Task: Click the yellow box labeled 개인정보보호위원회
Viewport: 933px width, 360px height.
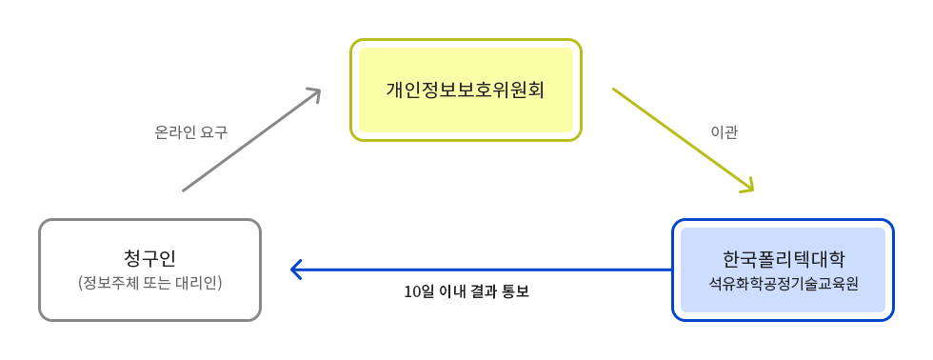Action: coord(466,90)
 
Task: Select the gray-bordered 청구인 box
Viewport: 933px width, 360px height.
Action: coord(149,270)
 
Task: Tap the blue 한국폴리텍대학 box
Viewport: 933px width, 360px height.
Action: coord(783,270)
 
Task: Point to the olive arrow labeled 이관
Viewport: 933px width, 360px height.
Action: coord(681,138)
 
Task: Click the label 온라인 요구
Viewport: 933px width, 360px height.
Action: coord(190,132)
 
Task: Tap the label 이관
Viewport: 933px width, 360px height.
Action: coord(725,132)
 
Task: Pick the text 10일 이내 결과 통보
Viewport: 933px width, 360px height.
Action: coord(466,291)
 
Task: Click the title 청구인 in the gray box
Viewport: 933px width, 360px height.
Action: coord(149,258)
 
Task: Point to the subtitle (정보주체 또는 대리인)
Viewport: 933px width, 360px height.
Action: coord(149,283)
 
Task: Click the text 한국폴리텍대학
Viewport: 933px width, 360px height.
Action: coord(783,258)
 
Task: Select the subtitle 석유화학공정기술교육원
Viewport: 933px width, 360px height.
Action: coord(783,283)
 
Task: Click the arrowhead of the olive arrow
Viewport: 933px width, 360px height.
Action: coord(747,187)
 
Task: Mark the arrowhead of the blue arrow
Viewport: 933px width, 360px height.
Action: coord(296,270)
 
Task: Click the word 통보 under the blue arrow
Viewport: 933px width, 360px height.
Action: coord(514,291)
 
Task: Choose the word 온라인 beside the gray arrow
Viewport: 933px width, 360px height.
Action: coord(175,132)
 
